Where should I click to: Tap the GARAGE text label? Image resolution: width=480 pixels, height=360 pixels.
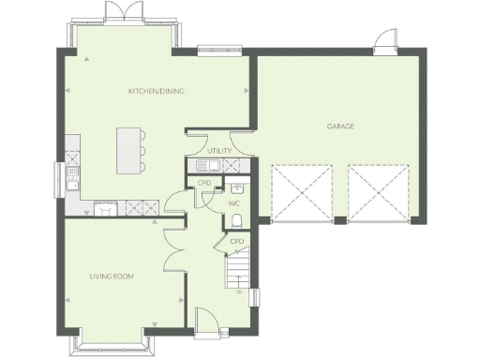coord(340,126)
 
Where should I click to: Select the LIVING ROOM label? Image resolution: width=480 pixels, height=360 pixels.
coord(112,276)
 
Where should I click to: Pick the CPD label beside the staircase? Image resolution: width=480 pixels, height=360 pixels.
coord(237,241)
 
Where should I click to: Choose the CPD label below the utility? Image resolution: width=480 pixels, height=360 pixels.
coord(204,183)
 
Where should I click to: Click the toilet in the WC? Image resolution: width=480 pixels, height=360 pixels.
coord(237,219)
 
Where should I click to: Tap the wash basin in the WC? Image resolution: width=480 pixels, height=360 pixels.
coord(236,187)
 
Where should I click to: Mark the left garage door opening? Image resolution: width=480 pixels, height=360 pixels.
coord(301,194)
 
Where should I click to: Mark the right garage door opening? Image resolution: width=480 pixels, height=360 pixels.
coord(379,194)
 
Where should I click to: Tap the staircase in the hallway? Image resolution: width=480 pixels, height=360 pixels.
coord(239,275)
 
